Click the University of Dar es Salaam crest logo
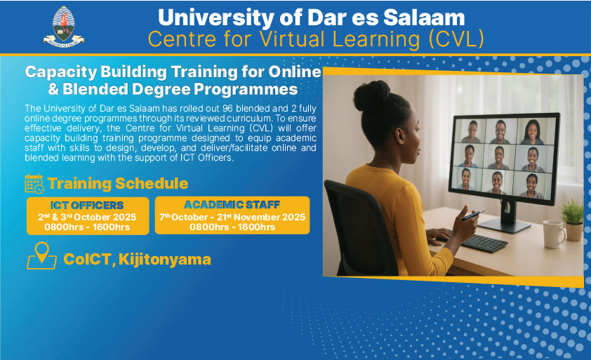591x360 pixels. tap(64, 27)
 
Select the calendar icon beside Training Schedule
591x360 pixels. tap(34, 184)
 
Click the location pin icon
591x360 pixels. tap(42, 255)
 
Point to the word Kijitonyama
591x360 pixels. tap(165, 260)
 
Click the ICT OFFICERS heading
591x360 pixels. tap(87, 206)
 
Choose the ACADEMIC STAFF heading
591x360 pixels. tap(232, 205)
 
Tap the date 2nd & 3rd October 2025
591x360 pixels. tap(87, 217)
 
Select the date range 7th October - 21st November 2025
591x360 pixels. tap(232, 217)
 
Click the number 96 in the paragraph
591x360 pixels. tap(227, 109)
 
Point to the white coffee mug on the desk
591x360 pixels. tap(554, 234)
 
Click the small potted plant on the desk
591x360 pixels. tap(573, 220)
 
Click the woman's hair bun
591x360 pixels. tap(371, 95)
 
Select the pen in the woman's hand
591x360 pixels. tap(473, 215)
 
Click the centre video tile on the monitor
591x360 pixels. tap(499, 156)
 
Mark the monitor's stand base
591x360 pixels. tap(504, 225)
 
